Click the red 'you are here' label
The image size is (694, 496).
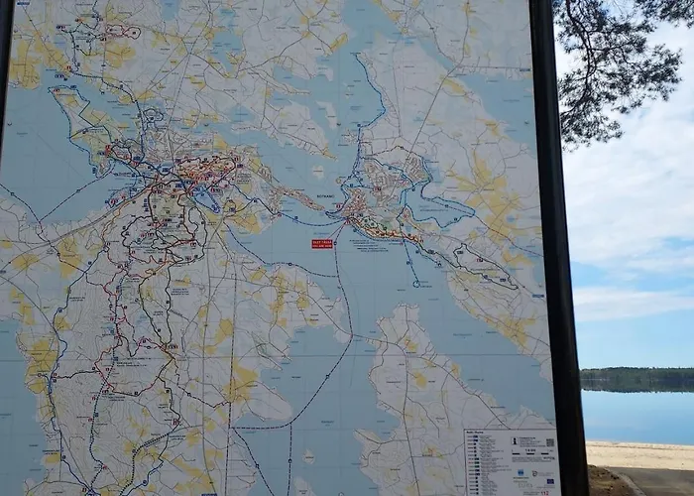(323, 241)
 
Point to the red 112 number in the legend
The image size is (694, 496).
(540, 485)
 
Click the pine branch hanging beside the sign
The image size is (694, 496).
(615, 69)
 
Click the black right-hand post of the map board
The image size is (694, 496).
(560, 248)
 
